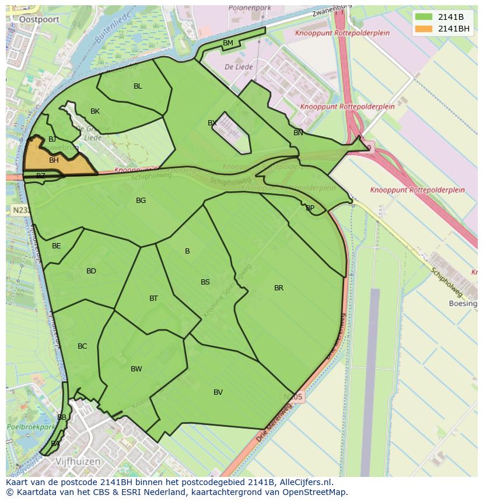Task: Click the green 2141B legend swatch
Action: click(424, 17)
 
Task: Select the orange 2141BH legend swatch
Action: click(424, 29)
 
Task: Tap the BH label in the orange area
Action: click(54, 160)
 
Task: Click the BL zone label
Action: click(138, 86)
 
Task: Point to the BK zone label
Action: click(95, 111)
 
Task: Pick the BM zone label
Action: click(228, 43)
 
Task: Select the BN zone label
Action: click(298, 133)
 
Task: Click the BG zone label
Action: click(141, 201)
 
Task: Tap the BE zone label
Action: click(56, 246)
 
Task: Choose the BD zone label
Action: click(91, 271)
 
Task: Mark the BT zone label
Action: click(153, 299)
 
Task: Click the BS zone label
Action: click(205, 282)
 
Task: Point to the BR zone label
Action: click(279, 288)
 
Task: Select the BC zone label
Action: click(82, 346)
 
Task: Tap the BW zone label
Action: click(136, 369)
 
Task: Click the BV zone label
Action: click(218, 392)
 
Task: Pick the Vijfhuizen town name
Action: click(78, 461)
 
